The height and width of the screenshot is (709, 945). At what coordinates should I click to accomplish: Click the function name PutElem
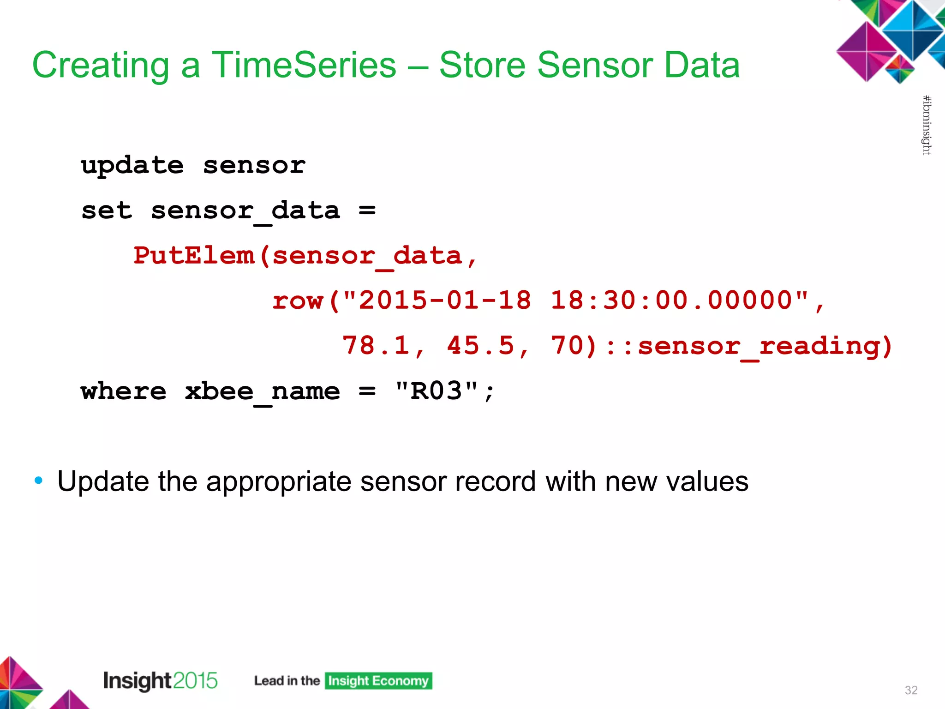(x=194, y=256)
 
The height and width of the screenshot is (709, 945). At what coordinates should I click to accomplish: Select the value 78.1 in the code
(x=376, y=346)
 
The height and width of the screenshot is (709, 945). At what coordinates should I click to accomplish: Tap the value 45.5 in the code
(x=480, y=346)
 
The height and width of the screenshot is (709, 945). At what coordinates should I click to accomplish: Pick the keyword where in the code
(x=124, y=391)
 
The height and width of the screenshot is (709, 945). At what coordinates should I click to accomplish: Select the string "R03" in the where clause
(x=437, y=391)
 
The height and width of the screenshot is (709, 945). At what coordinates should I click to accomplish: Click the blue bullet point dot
(x=39, y=481)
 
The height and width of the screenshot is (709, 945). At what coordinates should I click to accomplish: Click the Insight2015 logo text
(x=160, y=681)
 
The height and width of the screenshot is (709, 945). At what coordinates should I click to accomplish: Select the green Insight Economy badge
(x=378, y=681)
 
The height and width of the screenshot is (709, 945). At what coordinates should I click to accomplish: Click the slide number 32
(x=911, y=690)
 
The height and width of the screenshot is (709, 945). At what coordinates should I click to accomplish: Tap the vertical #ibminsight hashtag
(x=926, y=125)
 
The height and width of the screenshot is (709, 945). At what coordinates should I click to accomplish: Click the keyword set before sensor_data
(x=107, y=211)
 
